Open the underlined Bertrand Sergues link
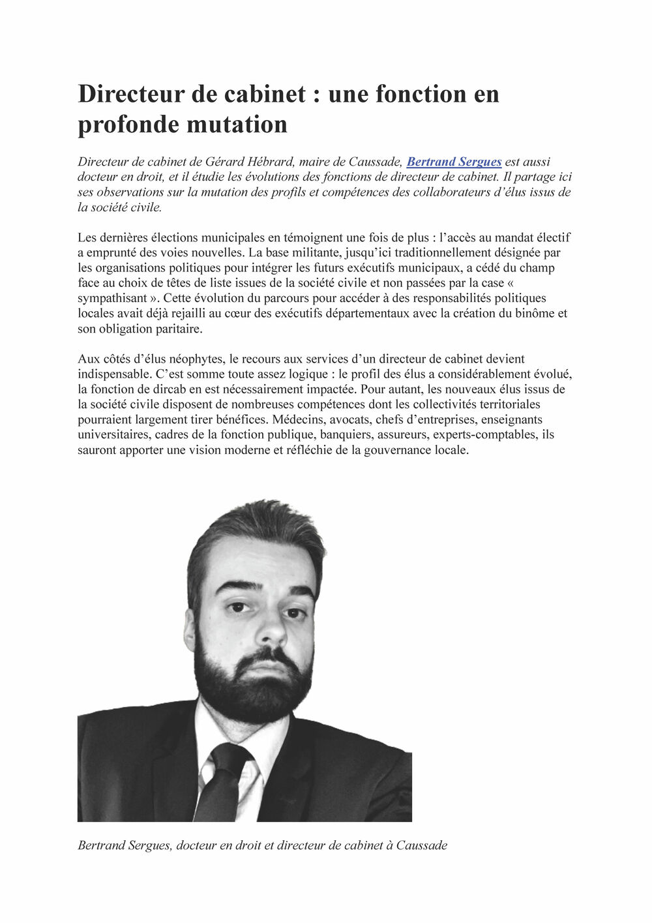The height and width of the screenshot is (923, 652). click(454, 162)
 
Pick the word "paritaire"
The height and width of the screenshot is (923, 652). click(178, 329)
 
